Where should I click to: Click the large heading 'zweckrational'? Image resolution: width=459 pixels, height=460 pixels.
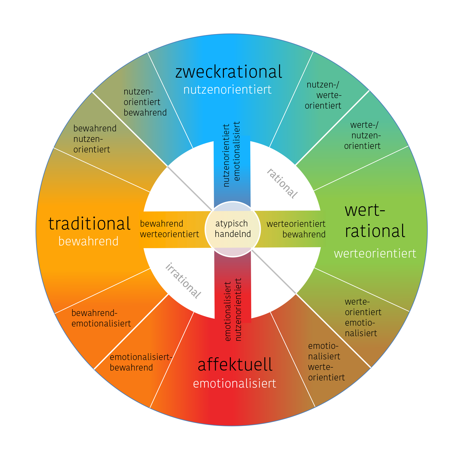228,72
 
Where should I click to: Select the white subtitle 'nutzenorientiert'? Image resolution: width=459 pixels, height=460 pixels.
227,90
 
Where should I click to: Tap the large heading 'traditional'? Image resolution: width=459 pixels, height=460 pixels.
89,224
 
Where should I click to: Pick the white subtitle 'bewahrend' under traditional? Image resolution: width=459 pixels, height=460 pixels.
88,241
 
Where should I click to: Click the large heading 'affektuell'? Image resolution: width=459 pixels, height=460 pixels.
235,365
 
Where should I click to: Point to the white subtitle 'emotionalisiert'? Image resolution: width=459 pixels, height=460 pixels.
234,383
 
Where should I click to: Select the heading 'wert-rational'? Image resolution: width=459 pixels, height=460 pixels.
375,221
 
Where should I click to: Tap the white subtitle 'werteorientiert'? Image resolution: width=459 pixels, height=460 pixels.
375,253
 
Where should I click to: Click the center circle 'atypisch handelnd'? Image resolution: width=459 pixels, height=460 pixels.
233,229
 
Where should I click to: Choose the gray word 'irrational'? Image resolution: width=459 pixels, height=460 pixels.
183,281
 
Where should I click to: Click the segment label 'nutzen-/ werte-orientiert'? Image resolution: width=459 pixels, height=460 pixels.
323,95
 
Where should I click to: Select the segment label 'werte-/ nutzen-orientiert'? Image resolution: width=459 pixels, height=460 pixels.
363,135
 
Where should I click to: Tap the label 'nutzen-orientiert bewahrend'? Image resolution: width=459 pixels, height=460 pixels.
145,102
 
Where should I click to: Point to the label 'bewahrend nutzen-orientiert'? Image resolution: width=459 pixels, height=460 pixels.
95,139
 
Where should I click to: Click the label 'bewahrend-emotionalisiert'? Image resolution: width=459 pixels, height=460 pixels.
101,318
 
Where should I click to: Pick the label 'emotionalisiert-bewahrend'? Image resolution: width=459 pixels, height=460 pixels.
141,362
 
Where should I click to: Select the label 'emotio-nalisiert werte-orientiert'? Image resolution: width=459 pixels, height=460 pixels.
326,362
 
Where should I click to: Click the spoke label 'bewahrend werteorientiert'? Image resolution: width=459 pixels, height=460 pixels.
169,229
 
